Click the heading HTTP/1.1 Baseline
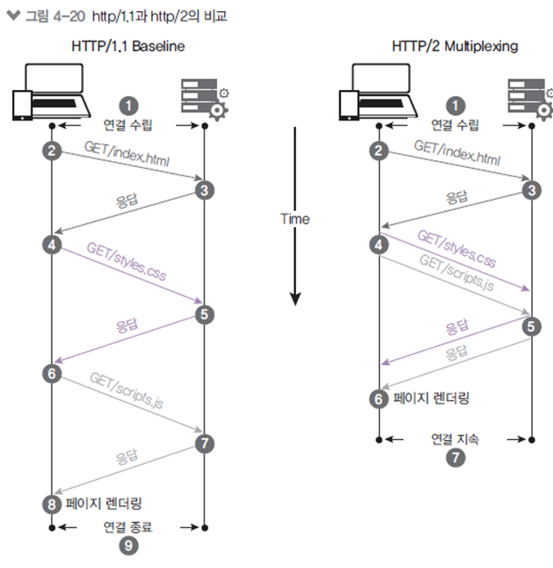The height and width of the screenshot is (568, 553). click(x=127, y=46)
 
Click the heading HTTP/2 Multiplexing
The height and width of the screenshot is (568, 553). click(x=454, y=46)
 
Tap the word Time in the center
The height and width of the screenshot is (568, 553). click(x=295, y=219)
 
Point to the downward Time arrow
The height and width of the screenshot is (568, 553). click(x=295, y=263)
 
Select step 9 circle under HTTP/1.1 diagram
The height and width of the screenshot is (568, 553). click(x=128, y=546)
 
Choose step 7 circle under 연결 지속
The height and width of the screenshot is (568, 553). click(x=455, y=457)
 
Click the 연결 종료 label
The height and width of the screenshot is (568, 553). click(x=127, y=526)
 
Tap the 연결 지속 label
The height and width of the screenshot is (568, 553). click(x=455, y=439)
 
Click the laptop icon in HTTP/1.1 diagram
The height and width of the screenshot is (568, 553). click(x=50, y=96)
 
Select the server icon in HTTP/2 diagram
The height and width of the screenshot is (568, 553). click(x=529, y=96)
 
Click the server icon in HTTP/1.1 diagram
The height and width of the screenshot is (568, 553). click(x=203, y=96)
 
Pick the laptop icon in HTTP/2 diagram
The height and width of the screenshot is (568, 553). click(x=378, y=96)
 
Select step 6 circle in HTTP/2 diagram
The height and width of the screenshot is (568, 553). click(x=379, y=398)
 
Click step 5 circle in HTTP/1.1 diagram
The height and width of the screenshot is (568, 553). click(x=203, y=315)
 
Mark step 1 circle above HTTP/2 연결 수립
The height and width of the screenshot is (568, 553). click(x=455, y=105)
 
